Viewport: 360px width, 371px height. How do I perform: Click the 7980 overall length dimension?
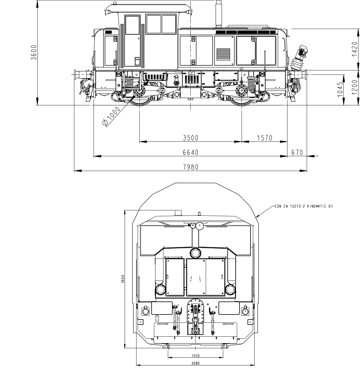191,167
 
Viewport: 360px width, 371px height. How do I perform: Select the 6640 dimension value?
191,153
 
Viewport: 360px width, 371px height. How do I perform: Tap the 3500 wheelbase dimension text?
191,138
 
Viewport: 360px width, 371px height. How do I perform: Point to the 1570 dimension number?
265,138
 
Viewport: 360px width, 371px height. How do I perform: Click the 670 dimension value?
297,153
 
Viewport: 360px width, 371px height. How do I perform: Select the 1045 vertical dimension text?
340,89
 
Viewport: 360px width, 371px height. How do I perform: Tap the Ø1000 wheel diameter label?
111,116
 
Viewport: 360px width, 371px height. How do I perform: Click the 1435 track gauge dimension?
196,356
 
